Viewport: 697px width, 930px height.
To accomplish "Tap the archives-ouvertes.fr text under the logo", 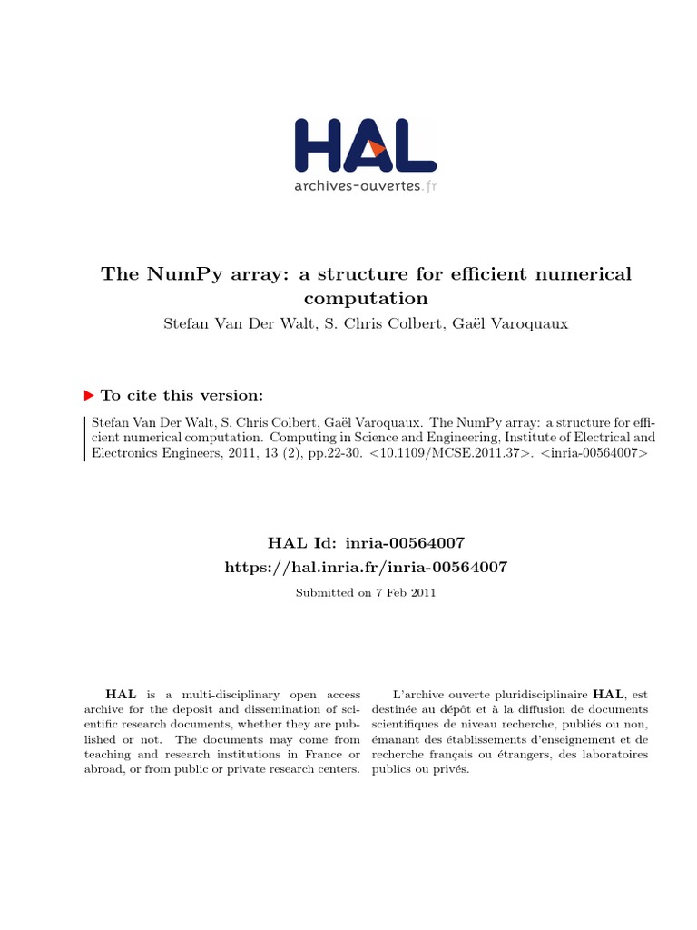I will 365,186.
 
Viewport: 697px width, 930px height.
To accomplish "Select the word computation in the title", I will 365,298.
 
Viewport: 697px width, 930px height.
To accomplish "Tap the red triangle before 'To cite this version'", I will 89,395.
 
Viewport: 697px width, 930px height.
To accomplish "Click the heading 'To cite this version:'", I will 182,395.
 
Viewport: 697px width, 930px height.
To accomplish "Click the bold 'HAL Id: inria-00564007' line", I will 366,543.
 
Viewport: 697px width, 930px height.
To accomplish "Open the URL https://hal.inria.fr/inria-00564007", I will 366,567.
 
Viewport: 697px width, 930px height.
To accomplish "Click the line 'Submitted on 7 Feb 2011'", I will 366,593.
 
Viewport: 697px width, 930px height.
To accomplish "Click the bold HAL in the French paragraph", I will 609,694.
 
